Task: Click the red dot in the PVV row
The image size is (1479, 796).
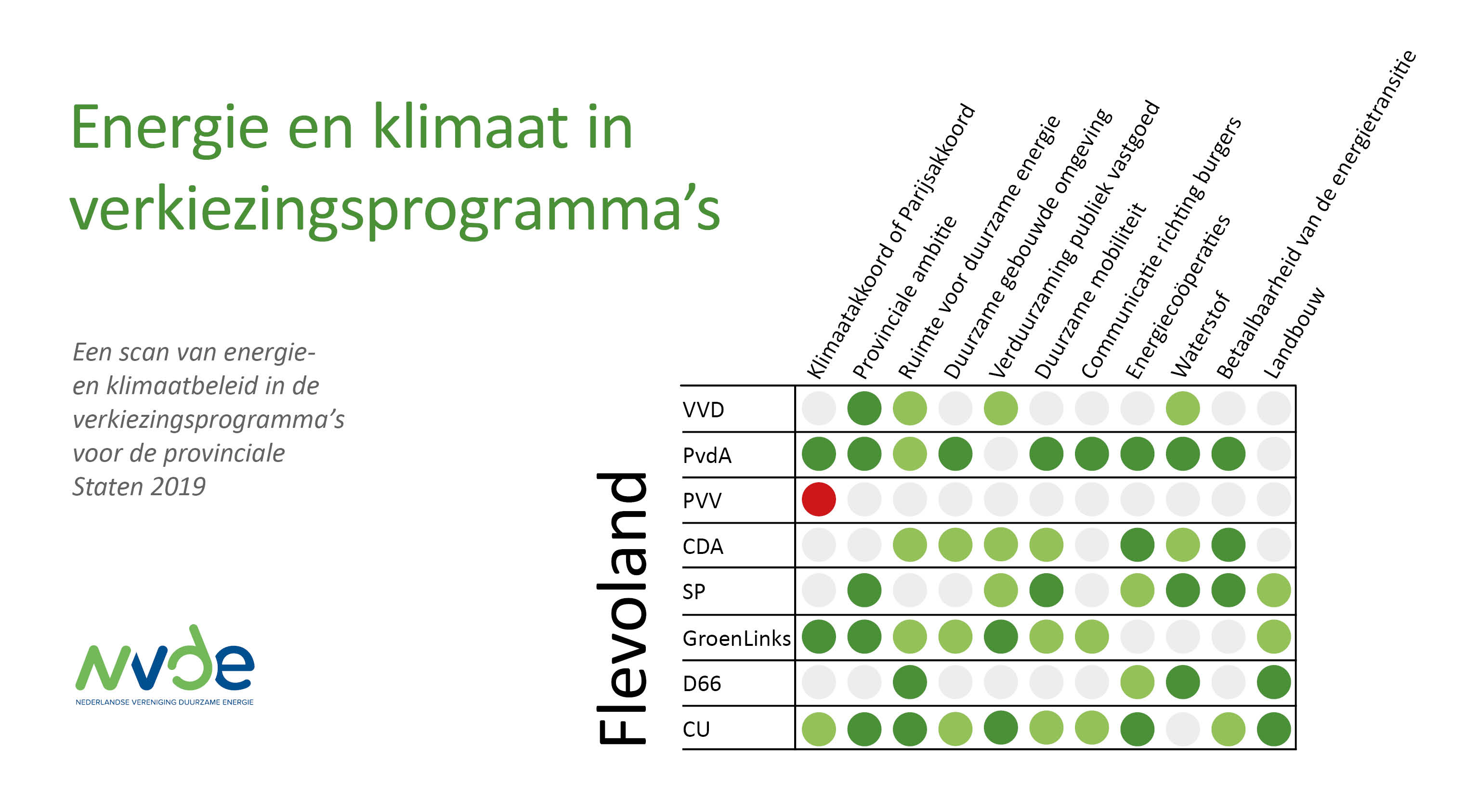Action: tap(818, 499)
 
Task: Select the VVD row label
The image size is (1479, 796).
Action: tap(703, 410)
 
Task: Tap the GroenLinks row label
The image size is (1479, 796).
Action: tap(737, 638)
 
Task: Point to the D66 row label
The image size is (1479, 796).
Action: tap(702, 683)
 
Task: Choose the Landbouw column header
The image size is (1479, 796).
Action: tap(1294, 333)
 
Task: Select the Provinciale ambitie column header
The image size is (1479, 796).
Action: tap(904, 297)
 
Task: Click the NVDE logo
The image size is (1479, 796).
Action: tap(165, 665)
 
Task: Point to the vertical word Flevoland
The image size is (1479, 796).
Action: tap(622, 608)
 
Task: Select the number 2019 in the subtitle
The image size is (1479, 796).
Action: tap(179, 487)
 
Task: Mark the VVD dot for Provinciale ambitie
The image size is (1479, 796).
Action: tap(864, 408)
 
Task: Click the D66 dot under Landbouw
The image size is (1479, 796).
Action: tap(1273, 682)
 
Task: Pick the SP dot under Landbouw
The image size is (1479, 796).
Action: tap(1273, 590)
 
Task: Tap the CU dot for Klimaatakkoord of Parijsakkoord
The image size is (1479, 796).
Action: tap(818, 729)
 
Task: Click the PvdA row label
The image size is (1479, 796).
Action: tap(707, 455)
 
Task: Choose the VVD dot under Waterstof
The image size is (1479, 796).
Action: tap(1183, 408)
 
